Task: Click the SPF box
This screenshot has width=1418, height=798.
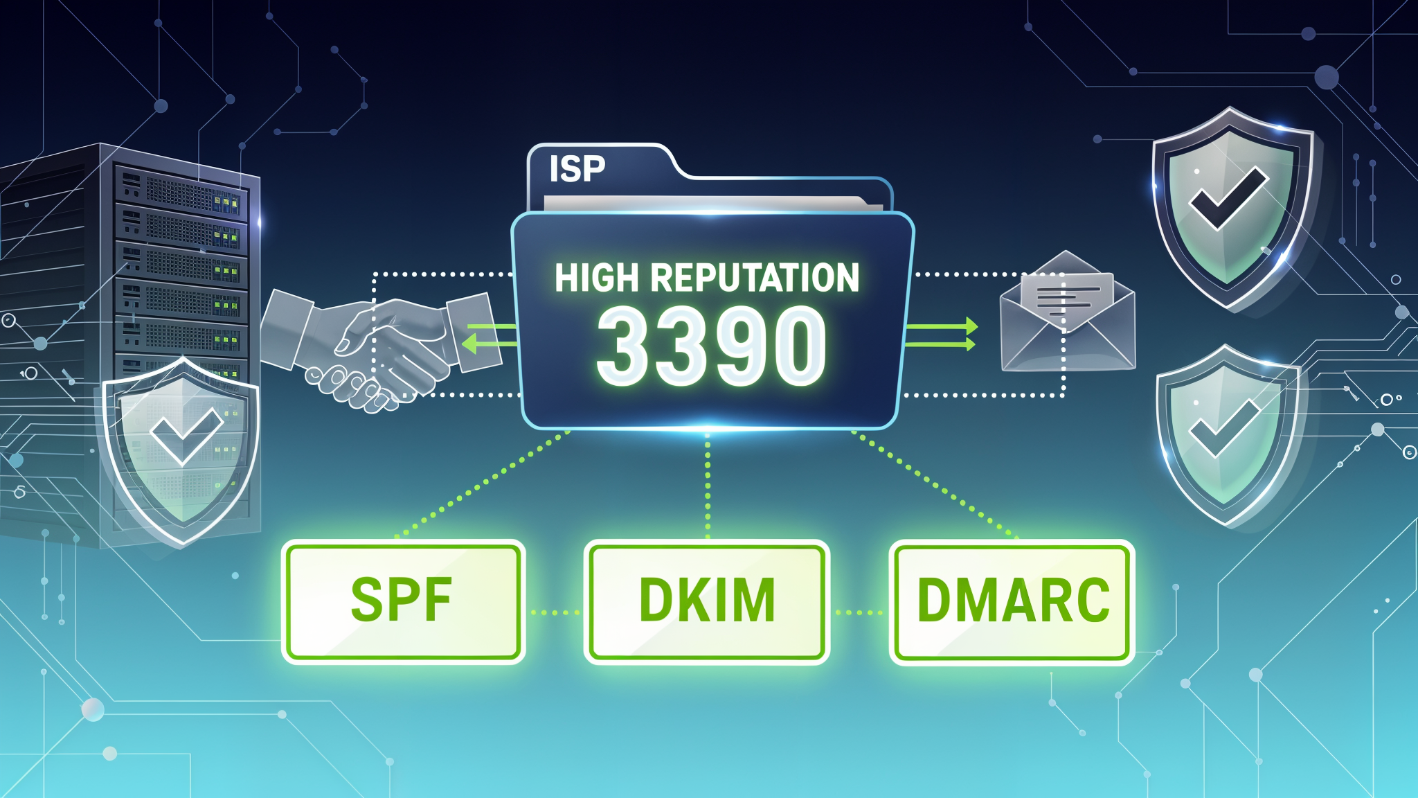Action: (404, 601)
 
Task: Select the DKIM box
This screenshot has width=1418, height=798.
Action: (707, 601)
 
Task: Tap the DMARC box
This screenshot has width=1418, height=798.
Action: (1012, 601)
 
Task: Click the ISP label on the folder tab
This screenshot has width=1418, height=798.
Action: (577, 169)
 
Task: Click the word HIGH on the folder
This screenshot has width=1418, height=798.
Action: (596, 278)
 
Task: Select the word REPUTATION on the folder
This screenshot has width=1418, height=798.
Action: (755, 278)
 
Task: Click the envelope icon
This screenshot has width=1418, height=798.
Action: (1067, 311)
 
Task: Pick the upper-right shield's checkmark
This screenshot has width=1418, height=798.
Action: (1228, 199)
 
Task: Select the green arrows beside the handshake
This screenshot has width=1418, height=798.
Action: (490, 335)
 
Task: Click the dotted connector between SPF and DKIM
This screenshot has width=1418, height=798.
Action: (555, 612)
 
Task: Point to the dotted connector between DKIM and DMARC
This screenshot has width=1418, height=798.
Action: (859, 612)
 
